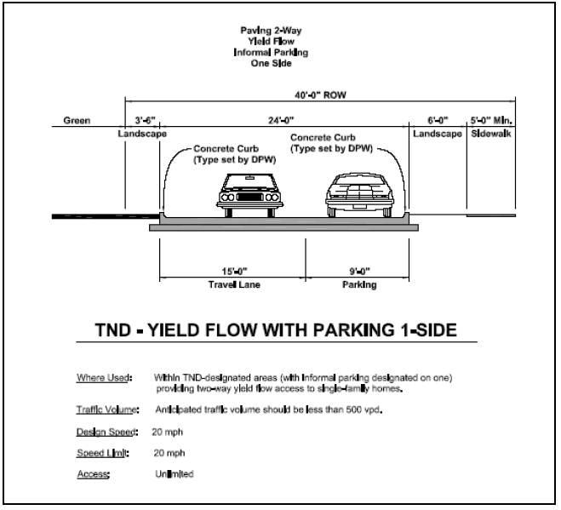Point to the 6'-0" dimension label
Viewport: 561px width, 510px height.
(436, 120)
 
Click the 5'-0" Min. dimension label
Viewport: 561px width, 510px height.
(492, 120)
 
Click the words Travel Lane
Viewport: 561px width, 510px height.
(232, 285)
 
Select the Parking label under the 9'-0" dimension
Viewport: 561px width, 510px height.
(358, 285)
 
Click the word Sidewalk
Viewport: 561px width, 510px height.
(492, 134)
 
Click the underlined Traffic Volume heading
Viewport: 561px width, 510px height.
(101, 410)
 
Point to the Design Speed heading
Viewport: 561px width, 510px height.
(100, 433)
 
